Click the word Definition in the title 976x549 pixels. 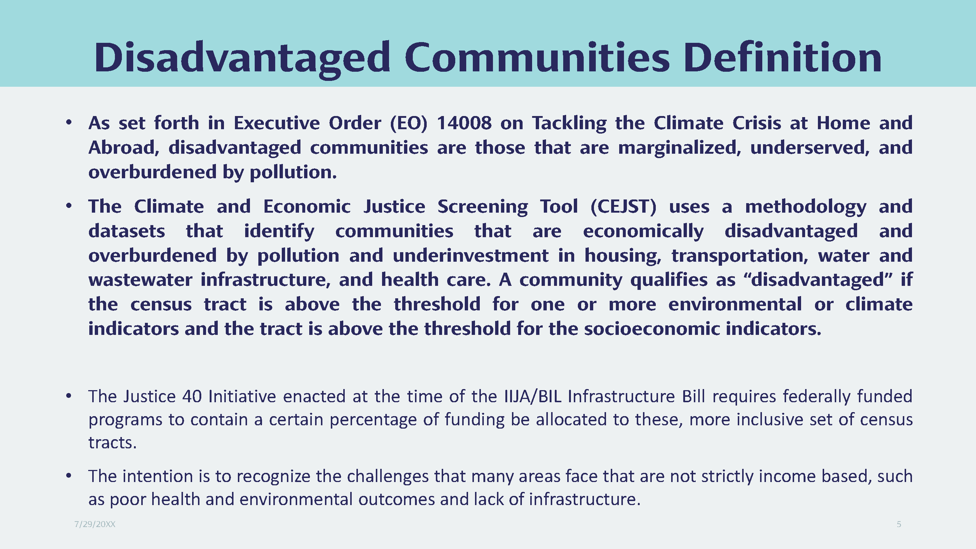[783, 57]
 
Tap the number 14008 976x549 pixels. [464, 123]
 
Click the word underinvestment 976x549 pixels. [471, 255]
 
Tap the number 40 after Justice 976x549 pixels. [192, 397]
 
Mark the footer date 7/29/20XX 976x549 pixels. [95, 524]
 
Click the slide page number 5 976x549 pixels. [899, 524]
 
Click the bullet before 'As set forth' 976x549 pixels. [68, 122]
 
